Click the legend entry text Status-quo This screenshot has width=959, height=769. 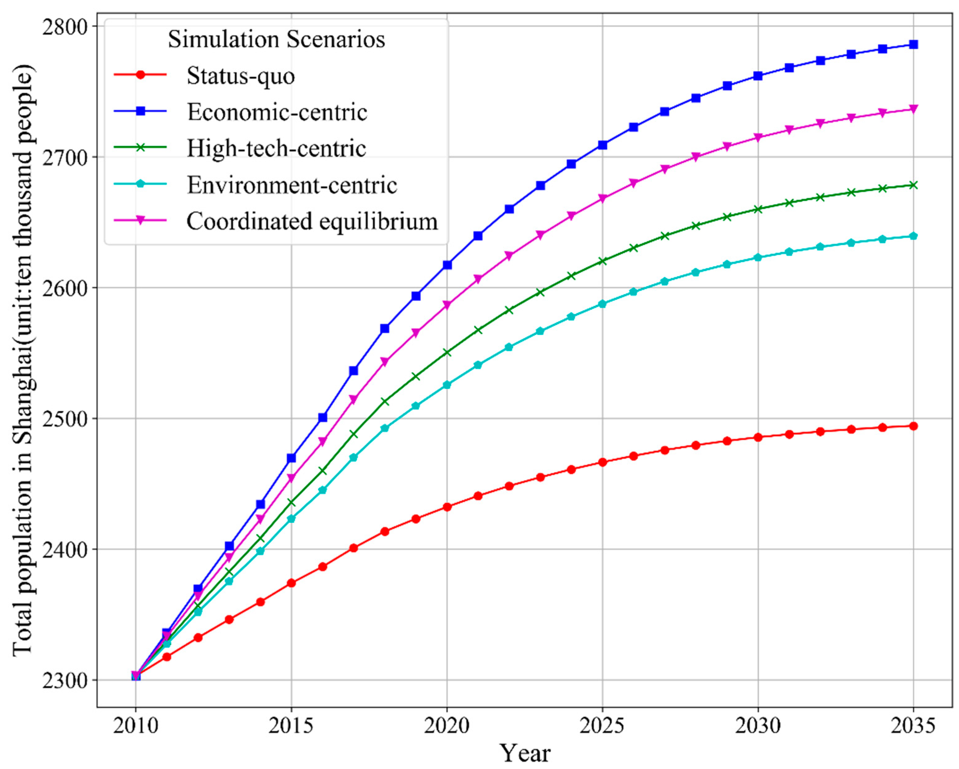tap(240, 76)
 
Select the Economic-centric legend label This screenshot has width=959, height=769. tap(277, 112)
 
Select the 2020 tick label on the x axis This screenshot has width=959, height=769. tap(447, 726)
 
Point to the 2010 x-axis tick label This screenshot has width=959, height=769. tap(136, 726)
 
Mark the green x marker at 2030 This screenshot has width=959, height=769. tap(758, 209)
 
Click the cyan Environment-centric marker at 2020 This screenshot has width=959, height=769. tap(447, 385)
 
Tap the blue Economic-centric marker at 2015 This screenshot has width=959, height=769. tap(291, 458)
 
